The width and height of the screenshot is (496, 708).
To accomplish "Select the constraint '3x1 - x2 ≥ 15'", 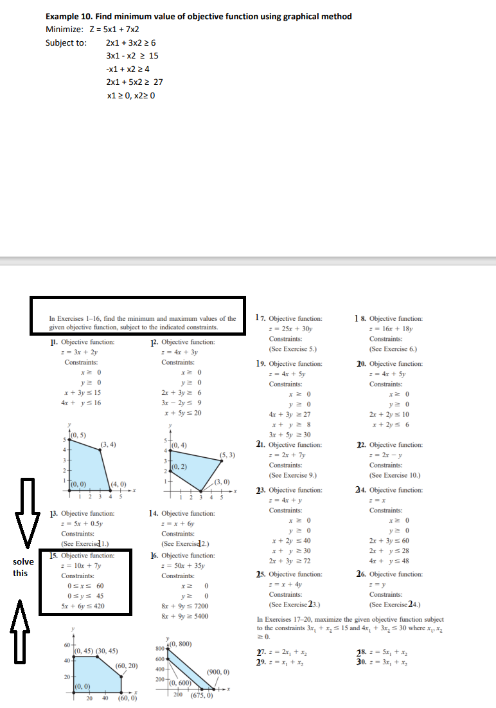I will point(132,56).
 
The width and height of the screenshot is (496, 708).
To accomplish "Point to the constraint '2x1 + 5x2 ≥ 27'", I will point(134,82).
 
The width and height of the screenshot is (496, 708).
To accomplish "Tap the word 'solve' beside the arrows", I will point(24,562).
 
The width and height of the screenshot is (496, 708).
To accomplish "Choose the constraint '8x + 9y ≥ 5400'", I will point(192,617).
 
